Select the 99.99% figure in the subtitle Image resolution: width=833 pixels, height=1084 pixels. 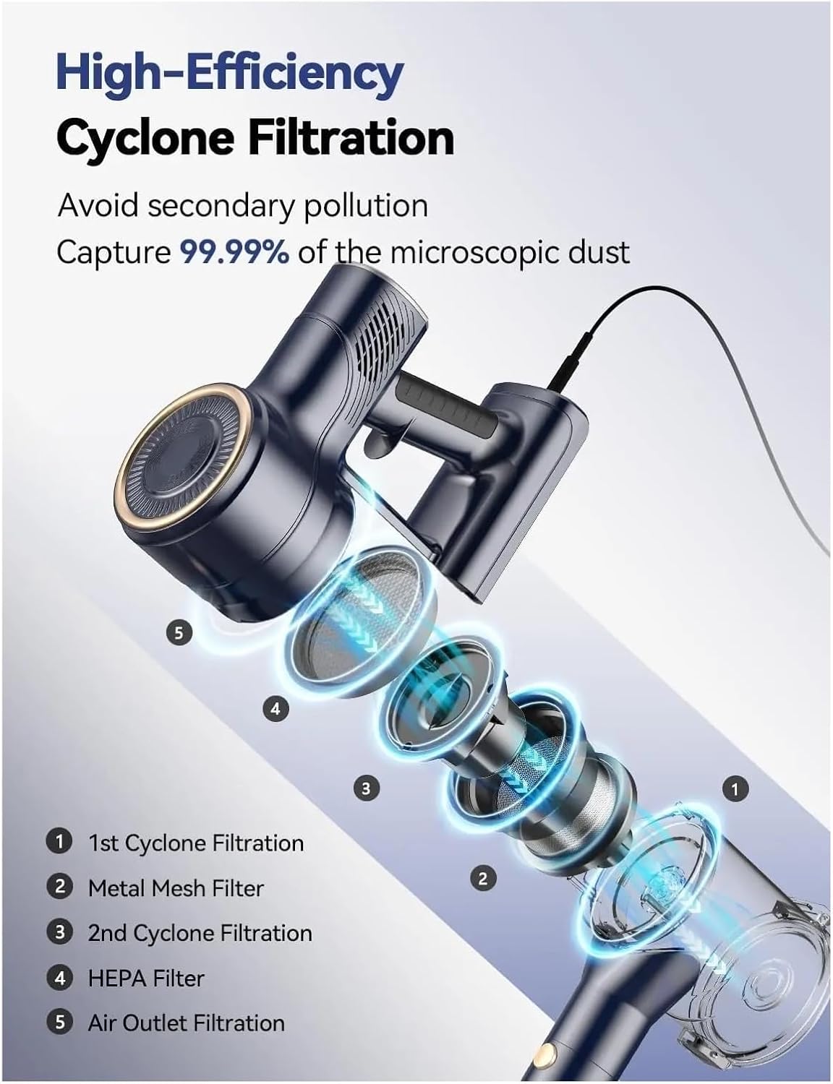234,252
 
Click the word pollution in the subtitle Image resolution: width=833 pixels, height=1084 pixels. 366,206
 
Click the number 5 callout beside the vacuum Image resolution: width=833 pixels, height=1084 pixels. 179,633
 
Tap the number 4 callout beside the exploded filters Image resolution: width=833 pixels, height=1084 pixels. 275,708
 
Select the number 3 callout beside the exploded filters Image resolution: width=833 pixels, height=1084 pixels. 367,788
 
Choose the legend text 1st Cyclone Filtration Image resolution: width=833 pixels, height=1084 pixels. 196,843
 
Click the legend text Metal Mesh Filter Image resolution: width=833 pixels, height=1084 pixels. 176,888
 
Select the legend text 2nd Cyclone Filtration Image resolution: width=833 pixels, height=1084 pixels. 200,934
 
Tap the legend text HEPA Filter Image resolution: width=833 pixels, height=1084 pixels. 146,978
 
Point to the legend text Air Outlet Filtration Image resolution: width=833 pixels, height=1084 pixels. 186,1023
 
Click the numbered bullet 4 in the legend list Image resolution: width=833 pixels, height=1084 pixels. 60,978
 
